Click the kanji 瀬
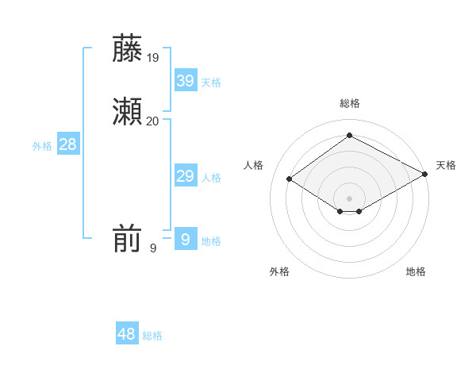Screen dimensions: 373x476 [127, 112]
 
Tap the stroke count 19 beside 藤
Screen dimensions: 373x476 [153, 57]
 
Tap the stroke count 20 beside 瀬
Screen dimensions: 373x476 [153, 121]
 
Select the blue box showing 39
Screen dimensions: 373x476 [185, 80]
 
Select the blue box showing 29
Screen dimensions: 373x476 [185, 176]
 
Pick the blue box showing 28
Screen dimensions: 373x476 [67, 144]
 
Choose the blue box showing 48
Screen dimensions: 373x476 [127, 334]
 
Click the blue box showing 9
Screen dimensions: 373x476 [185, 239]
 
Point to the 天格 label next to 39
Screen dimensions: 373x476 [211, 83]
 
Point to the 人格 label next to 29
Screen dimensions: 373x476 [211, 178]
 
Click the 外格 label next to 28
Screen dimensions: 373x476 [42, 146]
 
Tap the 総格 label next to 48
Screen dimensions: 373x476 [152, 336]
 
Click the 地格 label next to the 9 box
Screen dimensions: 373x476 [211, 241]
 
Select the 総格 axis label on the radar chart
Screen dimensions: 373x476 [349, 103]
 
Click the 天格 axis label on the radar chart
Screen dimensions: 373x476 [446, 165]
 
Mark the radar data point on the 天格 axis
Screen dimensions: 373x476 [425, 174]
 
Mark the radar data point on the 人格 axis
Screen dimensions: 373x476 [290, 179]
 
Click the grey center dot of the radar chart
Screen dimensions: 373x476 [349, 198]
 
